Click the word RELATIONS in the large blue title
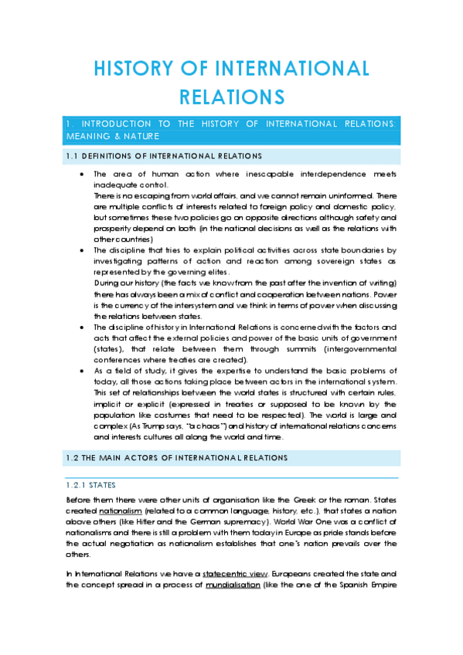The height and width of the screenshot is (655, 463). coord(232,97)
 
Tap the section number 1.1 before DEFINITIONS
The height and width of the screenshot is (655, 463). coord(72,156)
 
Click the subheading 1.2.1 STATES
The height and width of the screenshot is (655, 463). coord(91,485)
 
